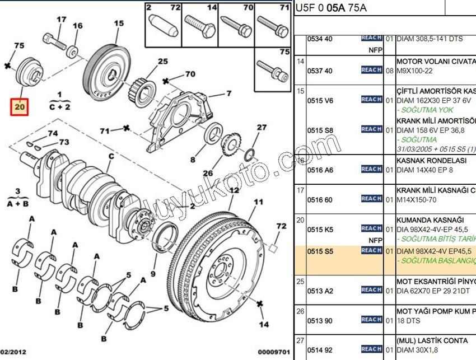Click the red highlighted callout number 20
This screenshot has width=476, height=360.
click(20, 105)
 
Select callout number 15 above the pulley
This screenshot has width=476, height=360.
click(119, 24)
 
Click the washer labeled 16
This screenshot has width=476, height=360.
click(73, 53)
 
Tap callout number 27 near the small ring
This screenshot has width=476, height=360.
click(262, 128)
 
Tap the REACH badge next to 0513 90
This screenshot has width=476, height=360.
click(372, 320)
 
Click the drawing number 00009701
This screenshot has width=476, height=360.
click(274, 352)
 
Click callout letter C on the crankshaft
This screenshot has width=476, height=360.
click(111, 156)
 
